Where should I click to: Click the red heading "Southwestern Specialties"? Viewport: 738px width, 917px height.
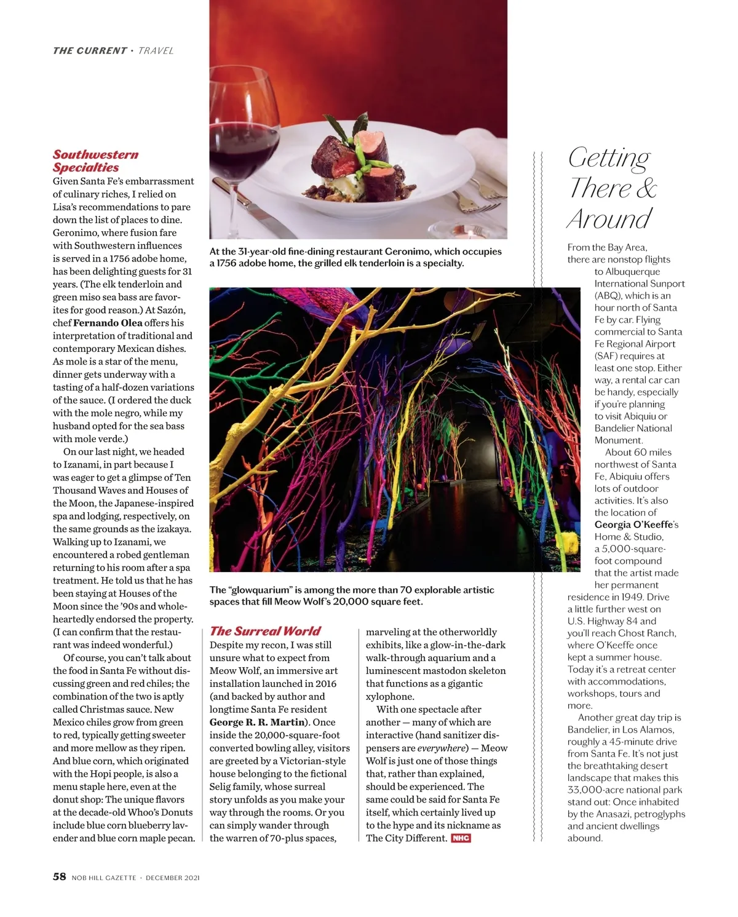point(95,161)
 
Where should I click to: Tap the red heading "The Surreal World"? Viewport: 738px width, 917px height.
point(264,630)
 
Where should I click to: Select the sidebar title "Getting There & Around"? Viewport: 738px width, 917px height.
point(612,188)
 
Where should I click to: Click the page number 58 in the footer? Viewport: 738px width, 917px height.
point(59,876)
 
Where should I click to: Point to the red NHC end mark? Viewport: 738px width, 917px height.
point(461,838)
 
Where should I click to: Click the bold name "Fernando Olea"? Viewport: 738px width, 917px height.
point(108,323)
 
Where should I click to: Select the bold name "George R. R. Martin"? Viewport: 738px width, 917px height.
point(257,722)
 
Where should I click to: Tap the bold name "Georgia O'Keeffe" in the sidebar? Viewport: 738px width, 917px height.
point(634,525)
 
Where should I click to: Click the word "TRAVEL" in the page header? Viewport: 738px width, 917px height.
point(156,50)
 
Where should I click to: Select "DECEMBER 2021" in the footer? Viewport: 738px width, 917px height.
point(173,878)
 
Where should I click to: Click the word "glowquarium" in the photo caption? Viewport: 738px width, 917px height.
point(260,590)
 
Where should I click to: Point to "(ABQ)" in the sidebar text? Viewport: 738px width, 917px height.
point(608,296)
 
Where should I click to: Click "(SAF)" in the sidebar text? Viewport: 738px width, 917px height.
point(607,356)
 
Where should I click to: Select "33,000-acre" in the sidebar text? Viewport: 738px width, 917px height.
point(594,790)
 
